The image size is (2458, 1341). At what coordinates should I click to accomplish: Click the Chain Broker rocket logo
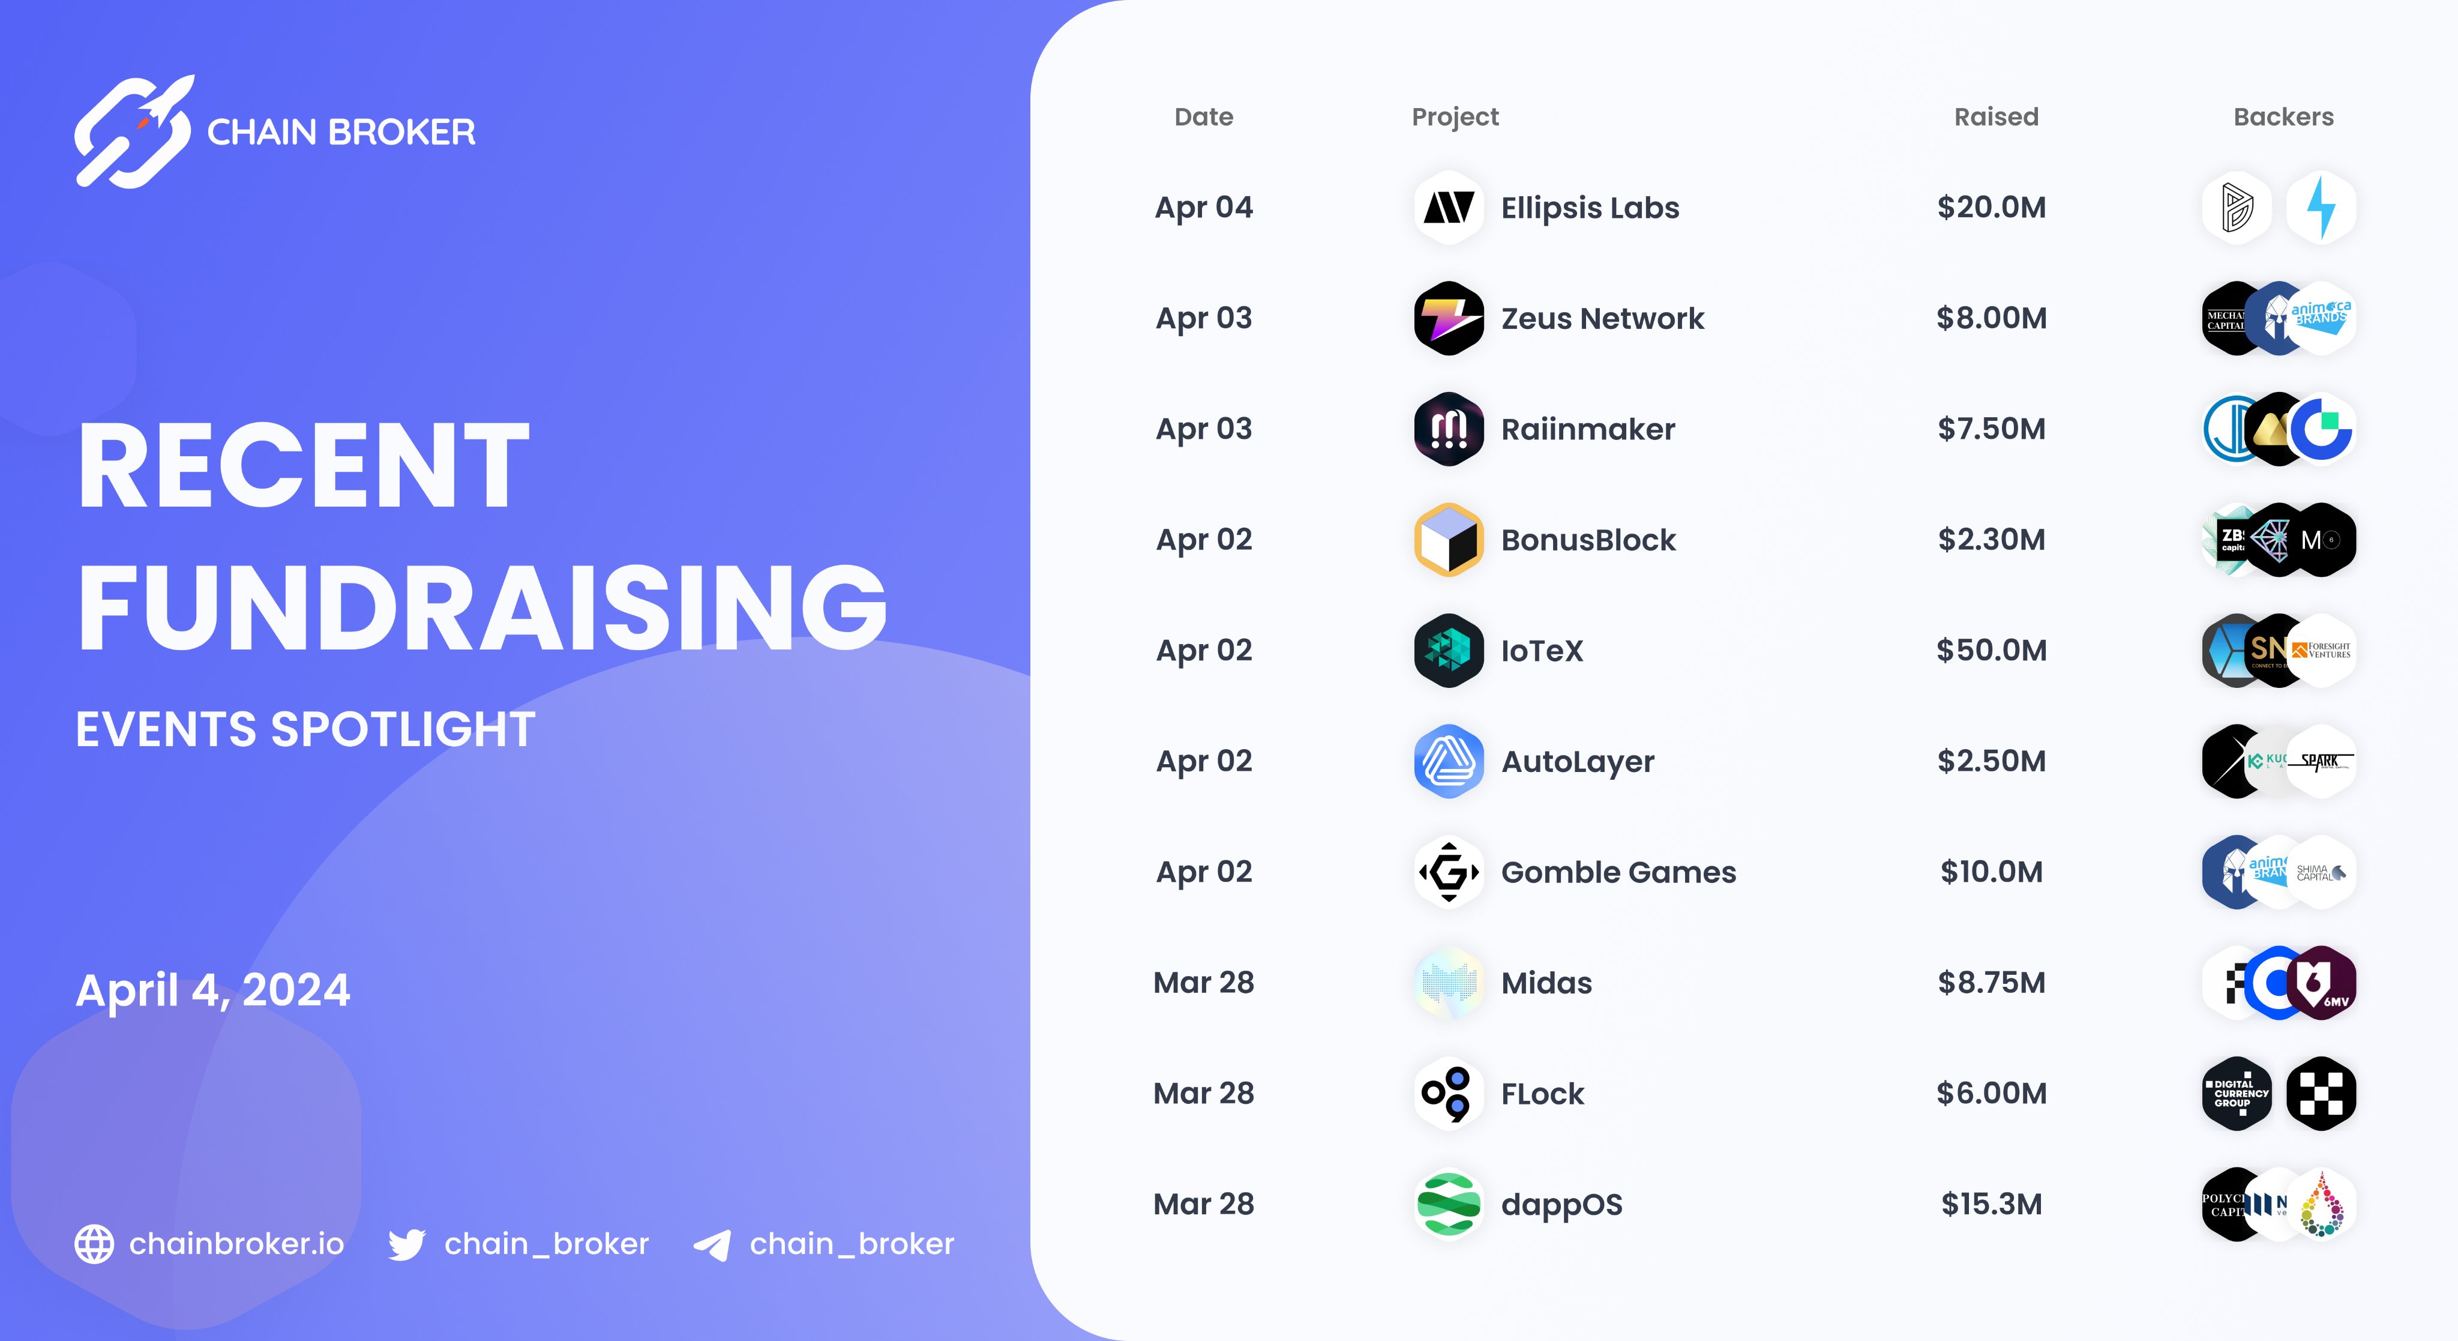pyautogui.click(x=134, y=131)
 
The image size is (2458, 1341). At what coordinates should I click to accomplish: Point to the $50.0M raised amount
pyautogui.click(x=1991, y=650)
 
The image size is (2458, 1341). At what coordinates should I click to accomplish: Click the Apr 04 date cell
pyautogui.click(x=1203, y=207)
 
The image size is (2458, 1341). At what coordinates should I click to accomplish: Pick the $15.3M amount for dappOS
pyautogui.click(x=1991, y=1204)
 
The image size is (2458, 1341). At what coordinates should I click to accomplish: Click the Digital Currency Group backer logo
pyautogui.click(x=2237, y=1093)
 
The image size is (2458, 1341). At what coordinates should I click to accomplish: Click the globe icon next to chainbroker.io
pyautogui.click(x=94, y=1244)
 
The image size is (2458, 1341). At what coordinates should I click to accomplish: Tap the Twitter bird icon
pyautogui.click(x=406, y=1244)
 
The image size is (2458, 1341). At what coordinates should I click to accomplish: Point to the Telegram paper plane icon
pyautogui.click(x=712, y=1244)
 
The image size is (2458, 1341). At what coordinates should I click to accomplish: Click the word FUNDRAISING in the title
pyautogui.click(x=482, y=607)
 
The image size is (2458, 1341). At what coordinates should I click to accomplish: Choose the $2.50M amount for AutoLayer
pyautogui.click(x=1991, y=761)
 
